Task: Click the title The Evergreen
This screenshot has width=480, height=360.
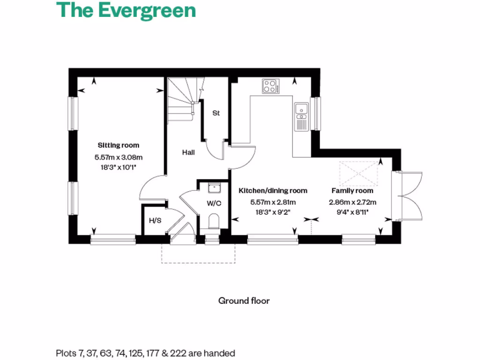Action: (126, 10)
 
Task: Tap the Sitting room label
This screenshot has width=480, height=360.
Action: (118, 145)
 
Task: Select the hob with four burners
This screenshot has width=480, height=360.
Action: (270, 86)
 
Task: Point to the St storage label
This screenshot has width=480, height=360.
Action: (216, 113)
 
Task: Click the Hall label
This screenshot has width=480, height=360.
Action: (188, 152)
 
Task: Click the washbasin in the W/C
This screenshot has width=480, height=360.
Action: (214, 188)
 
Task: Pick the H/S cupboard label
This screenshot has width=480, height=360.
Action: (155, 220)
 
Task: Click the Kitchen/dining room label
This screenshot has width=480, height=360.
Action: (273, 191)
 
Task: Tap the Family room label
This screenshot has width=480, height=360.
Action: (352, 191)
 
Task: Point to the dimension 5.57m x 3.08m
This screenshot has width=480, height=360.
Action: (118, 157)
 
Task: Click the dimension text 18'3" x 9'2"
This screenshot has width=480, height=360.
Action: (273, 212)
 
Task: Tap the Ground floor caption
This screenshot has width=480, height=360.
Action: (244, 300)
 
